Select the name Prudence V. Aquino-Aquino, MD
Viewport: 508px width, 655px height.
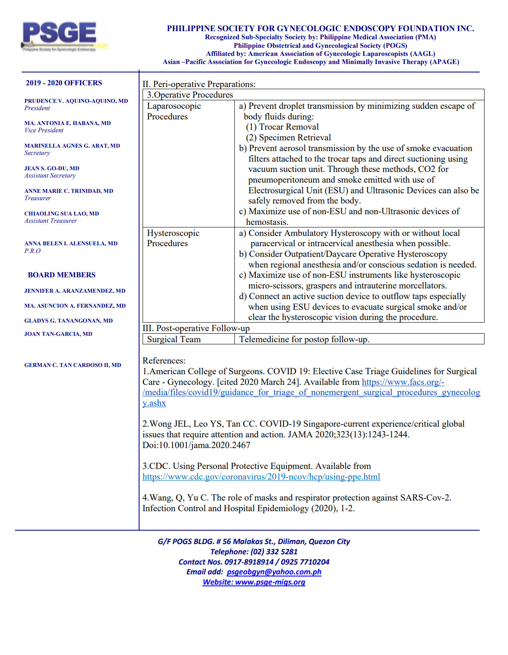coord(76,101)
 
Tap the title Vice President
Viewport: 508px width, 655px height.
coord(44,131)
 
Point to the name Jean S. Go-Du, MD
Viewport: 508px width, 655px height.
coord(52,169)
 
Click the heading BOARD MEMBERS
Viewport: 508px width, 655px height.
coord(61,275)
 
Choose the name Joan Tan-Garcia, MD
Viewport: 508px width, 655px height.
coord(58,334)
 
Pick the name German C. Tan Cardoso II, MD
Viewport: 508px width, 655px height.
coord(73,365)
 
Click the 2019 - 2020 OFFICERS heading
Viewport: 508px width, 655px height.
coord(64,83)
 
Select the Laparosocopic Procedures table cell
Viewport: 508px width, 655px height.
coord(174,111)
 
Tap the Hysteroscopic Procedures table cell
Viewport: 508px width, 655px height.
coord(173,238)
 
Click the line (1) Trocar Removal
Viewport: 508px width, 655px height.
coord(282,127)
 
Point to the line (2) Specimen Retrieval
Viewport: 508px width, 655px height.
coord(288,138)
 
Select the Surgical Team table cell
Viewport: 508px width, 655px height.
coord(174,340)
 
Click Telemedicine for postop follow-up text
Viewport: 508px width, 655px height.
coord(304,340)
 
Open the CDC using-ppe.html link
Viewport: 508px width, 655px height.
coord(261,477)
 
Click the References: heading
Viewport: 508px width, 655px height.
coord(164,361)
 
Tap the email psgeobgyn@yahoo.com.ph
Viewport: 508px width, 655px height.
coord(274,572)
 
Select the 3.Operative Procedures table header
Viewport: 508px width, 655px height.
coord(190,95)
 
